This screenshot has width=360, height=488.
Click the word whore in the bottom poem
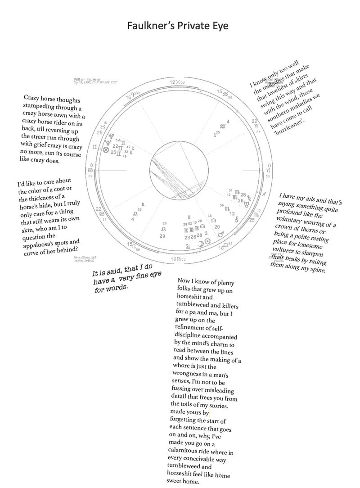[x=183, y=366]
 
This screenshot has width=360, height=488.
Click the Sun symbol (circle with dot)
[x=207, y=241]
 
